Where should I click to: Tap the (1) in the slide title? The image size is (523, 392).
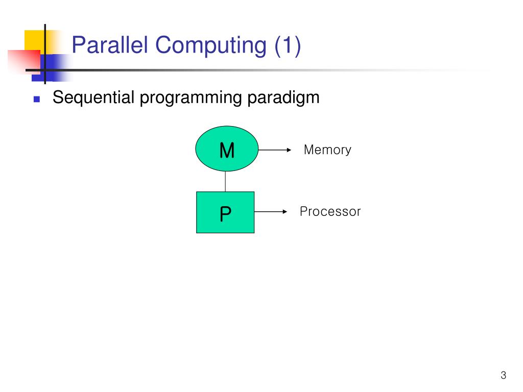[x=288, y=45]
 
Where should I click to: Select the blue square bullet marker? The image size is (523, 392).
[x=37, y=99]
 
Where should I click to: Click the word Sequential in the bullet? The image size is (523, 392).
[x=94, y=97]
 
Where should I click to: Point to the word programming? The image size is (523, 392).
[x=192, y=97]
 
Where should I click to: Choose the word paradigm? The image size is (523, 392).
[x=283, y=97]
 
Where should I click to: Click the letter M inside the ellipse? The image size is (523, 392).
[x=227, y=151]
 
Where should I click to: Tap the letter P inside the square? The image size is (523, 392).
[x=225, y=214]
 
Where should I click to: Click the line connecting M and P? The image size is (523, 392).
[x=225, y=182]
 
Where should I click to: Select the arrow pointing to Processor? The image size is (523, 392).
[x=271, y=211]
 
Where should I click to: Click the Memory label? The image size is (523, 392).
[x=327, y=150]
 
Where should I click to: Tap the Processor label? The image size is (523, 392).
[x=330, y=211]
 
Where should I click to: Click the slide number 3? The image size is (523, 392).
[x=503, y=376]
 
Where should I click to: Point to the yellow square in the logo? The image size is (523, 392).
[x=35, y=40]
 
